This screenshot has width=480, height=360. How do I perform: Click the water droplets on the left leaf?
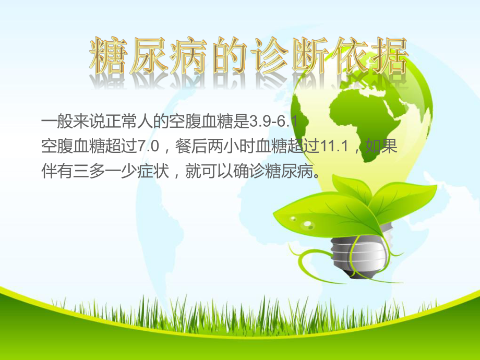[x=305, y=223]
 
